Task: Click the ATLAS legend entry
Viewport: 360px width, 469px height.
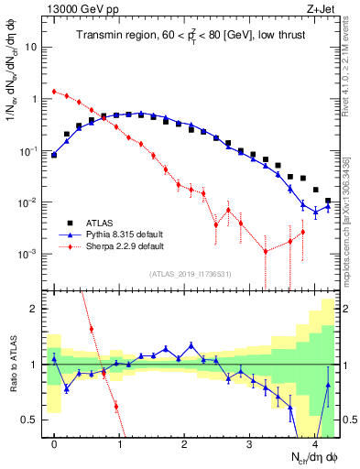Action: [99, 223]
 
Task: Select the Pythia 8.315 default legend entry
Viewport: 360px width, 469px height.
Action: [114, 234]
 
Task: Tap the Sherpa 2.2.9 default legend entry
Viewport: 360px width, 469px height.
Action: [113, 246]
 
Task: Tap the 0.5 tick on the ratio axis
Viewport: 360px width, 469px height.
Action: [31, 420]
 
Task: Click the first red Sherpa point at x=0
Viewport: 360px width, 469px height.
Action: [54, 92]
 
